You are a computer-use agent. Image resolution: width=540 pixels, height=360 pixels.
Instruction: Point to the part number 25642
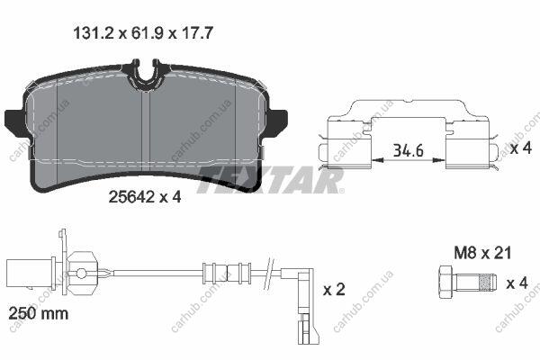click(131, 197)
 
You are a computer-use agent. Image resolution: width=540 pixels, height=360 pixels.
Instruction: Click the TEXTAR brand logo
click(270, 180)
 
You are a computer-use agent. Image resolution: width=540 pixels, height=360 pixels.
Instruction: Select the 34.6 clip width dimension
click(408, 151)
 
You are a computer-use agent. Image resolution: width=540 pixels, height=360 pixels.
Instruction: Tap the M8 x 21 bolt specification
click(482, 253)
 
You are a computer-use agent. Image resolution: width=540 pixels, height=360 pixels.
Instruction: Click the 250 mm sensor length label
click(38, 313)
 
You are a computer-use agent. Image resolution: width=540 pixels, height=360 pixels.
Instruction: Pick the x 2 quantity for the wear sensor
click(334, 290)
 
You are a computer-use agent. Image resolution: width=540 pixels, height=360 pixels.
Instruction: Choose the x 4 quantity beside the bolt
click(517, 283)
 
